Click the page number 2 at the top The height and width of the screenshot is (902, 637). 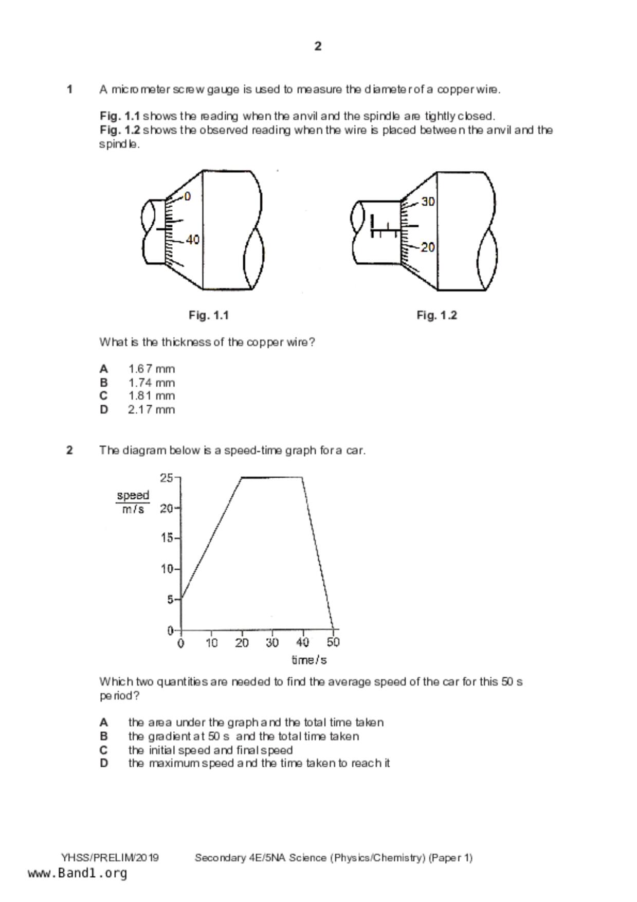tap(318, 46)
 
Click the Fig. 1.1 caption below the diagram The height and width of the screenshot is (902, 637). tap(208, 315)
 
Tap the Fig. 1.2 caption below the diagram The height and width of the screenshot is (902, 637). tap(436, 315)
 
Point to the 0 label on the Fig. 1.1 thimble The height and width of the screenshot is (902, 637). tap(187, 196)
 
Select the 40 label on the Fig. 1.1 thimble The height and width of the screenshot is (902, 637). tap(193, 240)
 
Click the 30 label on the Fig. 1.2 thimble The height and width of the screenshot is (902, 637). tap(428, 202)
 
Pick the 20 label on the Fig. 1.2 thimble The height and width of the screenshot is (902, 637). tap(428, 247)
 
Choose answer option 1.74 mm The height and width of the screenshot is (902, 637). tap(151, 383)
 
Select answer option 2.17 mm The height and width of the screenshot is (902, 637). tap(151, 410)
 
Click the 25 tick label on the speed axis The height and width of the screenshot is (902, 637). tap(166, 478)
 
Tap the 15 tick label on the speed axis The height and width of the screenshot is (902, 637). tap(166, 538)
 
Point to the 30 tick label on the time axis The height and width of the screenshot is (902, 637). tap(272, 643)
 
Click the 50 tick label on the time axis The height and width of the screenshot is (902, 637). tap(333, 643)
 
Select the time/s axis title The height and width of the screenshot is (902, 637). tap(309, 660)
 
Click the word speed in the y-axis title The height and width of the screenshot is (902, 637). tap(133, 496)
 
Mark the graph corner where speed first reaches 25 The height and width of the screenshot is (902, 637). tap(242, 478)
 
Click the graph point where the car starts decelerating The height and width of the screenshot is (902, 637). tap(302, 478)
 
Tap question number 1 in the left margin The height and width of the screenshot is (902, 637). tap(69, 89)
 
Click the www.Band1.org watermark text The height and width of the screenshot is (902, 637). tap(77, 873)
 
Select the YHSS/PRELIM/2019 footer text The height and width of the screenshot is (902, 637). tap(110, 858)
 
